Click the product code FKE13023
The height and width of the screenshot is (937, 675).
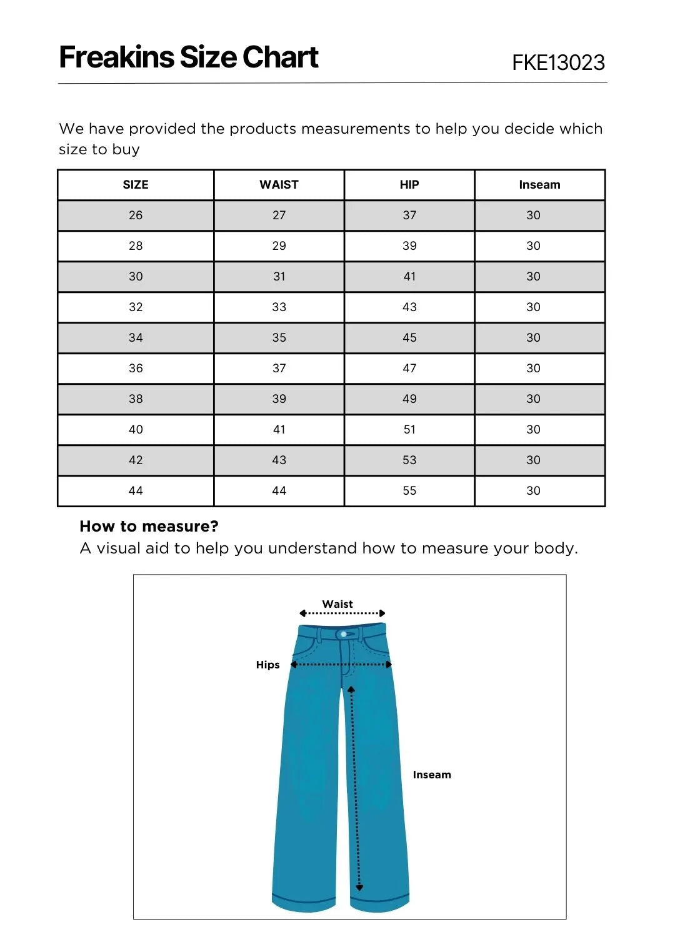pyautogui.click(x=558, y=62)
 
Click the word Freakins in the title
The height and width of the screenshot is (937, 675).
pyautogui.click(x=117, y=57)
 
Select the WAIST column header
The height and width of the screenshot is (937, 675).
pyautogui.click(x=279, y=184)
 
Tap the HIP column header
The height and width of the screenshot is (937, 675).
pyautogui.click(x=409, y=184)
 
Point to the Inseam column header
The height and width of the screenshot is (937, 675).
pyautogui.click(x=539, y=184)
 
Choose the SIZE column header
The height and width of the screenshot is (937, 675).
pyautogui.click(x=136, y=184)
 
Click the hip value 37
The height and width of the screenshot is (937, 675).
pyautogui.click(x=409, y=215)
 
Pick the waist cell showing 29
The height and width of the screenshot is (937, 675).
pyautogui.click(x=279, y=245)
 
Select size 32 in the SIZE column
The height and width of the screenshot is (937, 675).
pyautogui.click(x=136, y=307)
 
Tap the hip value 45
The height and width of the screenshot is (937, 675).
pyautogui.click(x=409, y=337)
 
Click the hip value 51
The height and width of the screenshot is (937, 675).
pyautogui.click(x=409, y=429)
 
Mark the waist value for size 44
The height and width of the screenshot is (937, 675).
pyautogui.click(x=279, y=490)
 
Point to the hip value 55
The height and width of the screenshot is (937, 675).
pyautogui.click(x=409, y=490)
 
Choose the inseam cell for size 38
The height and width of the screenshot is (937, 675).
pyautogui.click(x=533, y=399)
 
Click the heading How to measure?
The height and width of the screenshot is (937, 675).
pyautogui.click(x=149, y=526)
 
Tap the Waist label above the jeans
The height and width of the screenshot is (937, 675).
pyautogui.click(x=337, y=604)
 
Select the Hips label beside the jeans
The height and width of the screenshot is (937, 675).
pyautogui.click(x=267, y=665)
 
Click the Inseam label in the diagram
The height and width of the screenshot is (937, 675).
pyautogui.click(x=432, y=775)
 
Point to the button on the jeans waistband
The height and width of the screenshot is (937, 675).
pyautogui.click(x=344, y=635)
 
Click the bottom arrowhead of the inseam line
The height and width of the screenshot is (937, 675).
pyautogui.click(x=359, y=887)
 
